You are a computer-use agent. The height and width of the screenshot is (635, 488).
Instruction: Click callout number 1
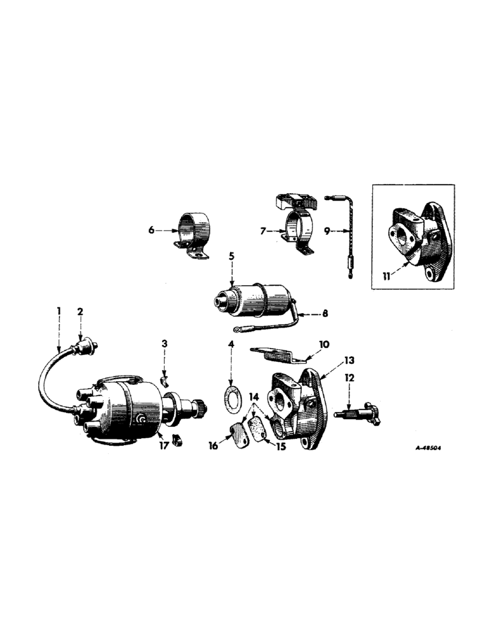click(x=58, y=311)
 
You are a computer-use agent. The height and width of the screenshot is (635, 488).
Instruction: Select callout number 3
click(x=164, y=344)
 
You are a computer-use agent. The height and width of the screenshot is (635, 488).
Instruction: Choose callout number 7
click(x=262, y=231)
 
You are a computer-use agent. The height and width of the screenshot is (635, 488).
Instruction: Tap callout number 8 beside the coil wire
click(x=326, y=312)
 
